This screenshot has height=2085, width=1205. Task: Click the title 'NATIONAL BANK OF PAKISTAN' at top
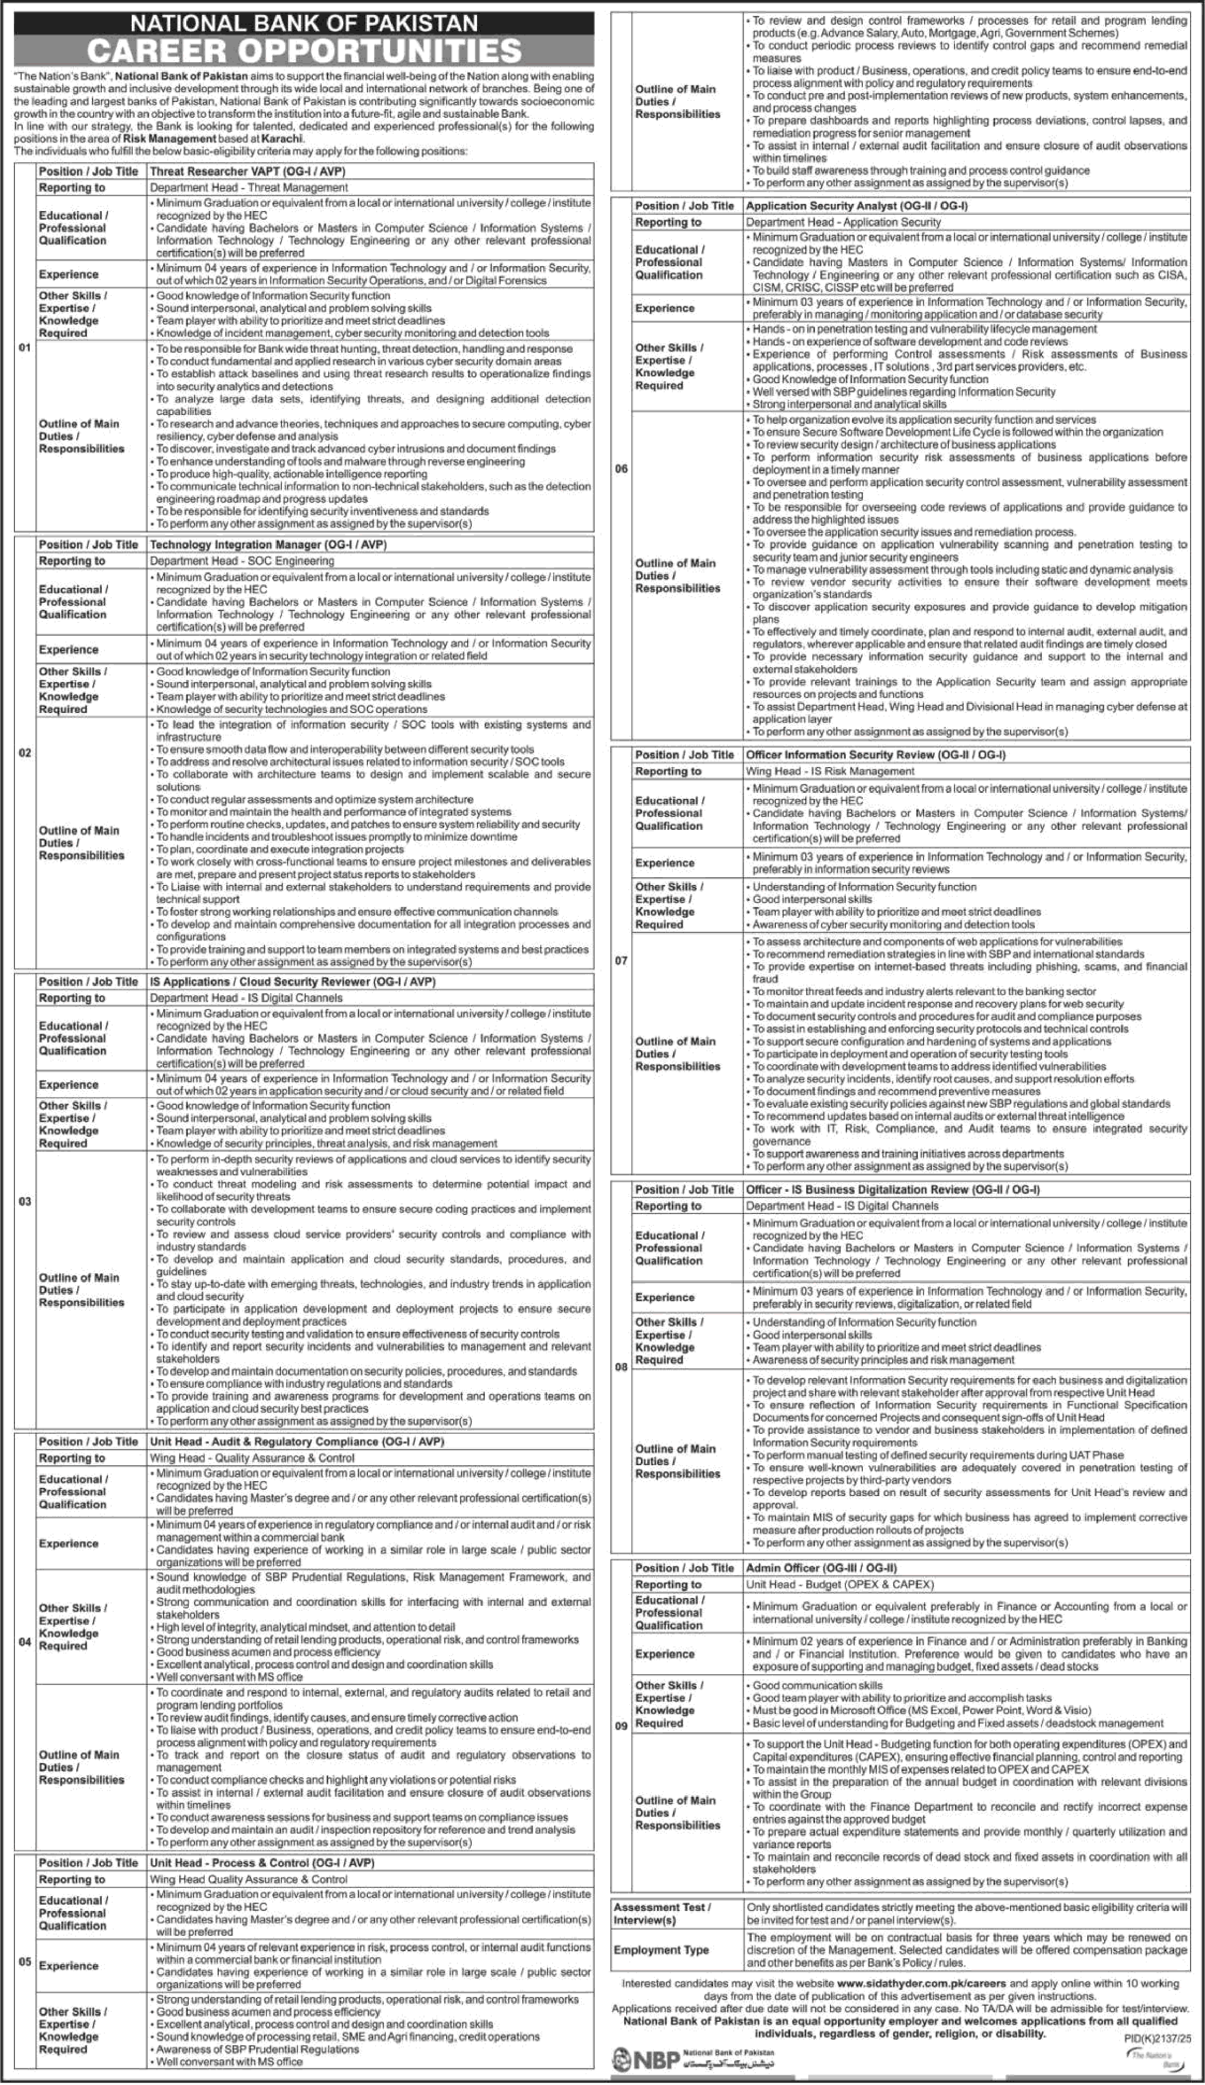point(305,22)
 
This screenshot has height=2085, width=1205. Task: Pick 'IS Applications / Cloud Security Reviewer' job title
point(292,981)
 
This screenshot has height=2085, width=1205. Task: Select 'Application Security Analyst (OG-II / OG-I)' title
point(857,205)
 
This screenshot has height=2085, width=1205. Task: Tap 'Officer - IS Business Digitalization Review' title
point(892,1189)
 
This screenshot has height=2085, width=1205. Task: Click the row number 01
point(25,347)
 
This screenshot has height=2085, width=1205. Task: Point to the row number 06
point(621,468)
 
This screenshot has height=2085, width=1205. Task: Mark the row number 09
point(621,1726)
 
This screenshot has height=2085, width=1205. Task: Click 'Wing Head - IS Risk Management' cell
point(829,771)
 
